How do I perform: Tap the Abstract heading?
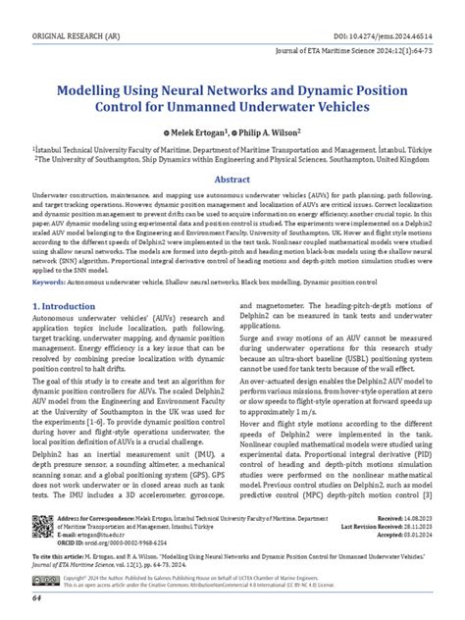(x=233, y=180)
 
